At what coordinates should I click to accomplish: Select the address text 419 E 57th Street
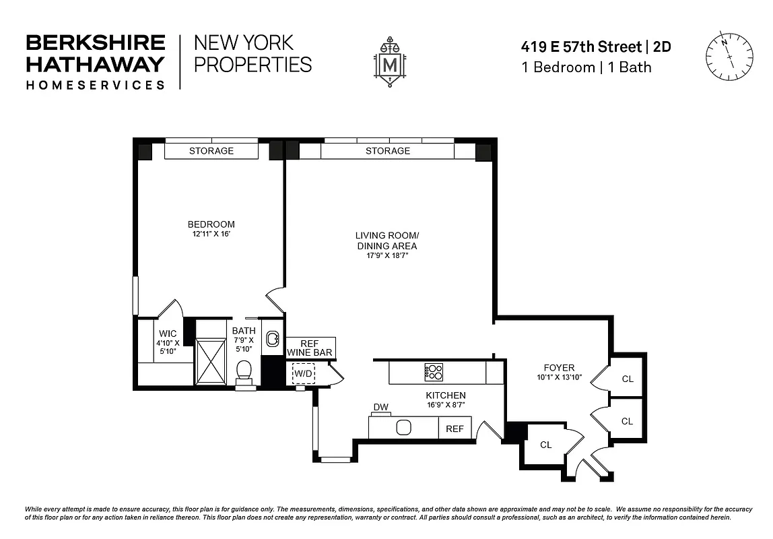coord(581,47)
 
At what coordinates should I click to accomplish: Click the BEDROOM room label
coord(211,224)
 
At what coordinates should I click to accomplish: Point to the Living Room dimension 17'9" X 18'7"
coord(386,256)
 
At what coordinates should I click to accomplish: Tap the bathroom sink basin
coord(273,338)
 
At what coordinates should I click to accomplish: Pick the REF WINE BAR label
coord(310,347)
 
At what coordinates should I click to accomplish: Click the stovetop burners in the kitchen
coord(434,371)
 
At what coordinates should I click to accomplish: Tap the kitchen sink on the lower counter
coord(404,428)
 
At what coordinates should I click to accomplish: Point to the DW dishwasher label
coord(381,408)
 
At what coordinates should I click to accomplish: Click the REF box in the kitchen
coord(455,429)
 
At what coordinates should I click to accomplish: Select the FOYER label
coord(559,367)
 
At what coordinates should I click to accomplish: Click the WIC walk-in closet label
coord(168,334)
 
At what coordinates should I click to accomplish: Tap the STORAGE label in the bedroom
coord(211,151)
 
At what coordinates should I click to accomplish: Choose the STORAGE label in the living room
coord(388,151)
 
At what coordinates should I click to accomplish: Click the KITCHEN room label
coord(445,395)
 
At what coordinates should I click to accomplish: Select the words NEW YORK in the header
coord(244,43)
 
